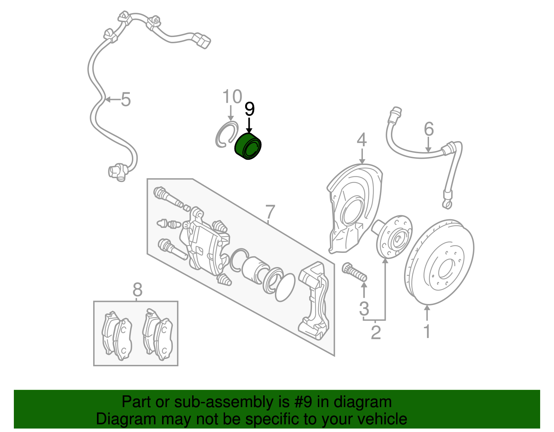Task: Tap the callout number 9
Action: click(249, 109)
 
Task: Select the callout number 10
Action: click(232, 96)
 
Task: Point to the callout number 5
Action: click(125, 100)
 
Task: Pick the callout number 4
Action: click(361, 140)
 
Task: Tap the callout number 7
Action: click(270, 212)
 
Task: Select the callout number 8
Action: click(137, 289)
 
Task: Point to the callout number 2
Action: click(376, 332)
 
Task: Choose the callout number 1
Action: click(427, 331)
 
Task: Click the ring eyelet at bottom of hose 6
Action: click(447, 204)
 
